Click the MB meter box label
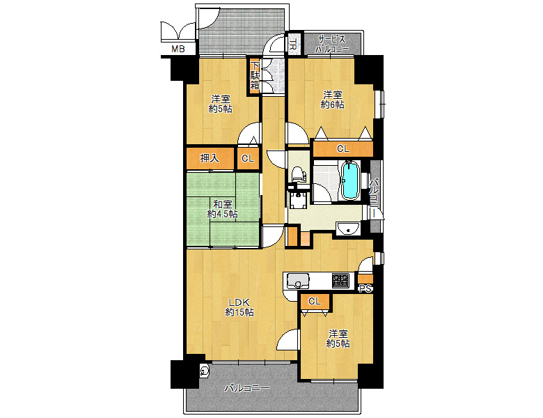178,49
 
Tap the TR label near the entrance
292,45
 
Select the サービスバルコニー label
332,44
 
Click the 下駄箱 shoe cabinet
255,75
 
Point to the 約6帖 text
333,104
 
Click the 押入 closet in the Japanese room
210,158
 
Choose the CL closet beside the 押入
248,158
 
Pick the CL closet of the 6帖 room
343,148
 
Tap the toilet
297,174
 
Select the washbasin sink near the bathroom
348,229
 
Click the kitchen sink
298,281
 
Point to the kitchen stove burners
340,281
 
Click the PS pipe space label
365,288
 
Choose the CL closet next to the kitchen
315,302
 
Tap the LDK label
239,302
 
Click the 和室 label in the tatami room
222,204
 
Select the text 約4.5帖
222,214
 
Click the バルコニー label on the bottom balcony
246,388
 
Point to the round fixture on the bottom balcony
204,371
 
